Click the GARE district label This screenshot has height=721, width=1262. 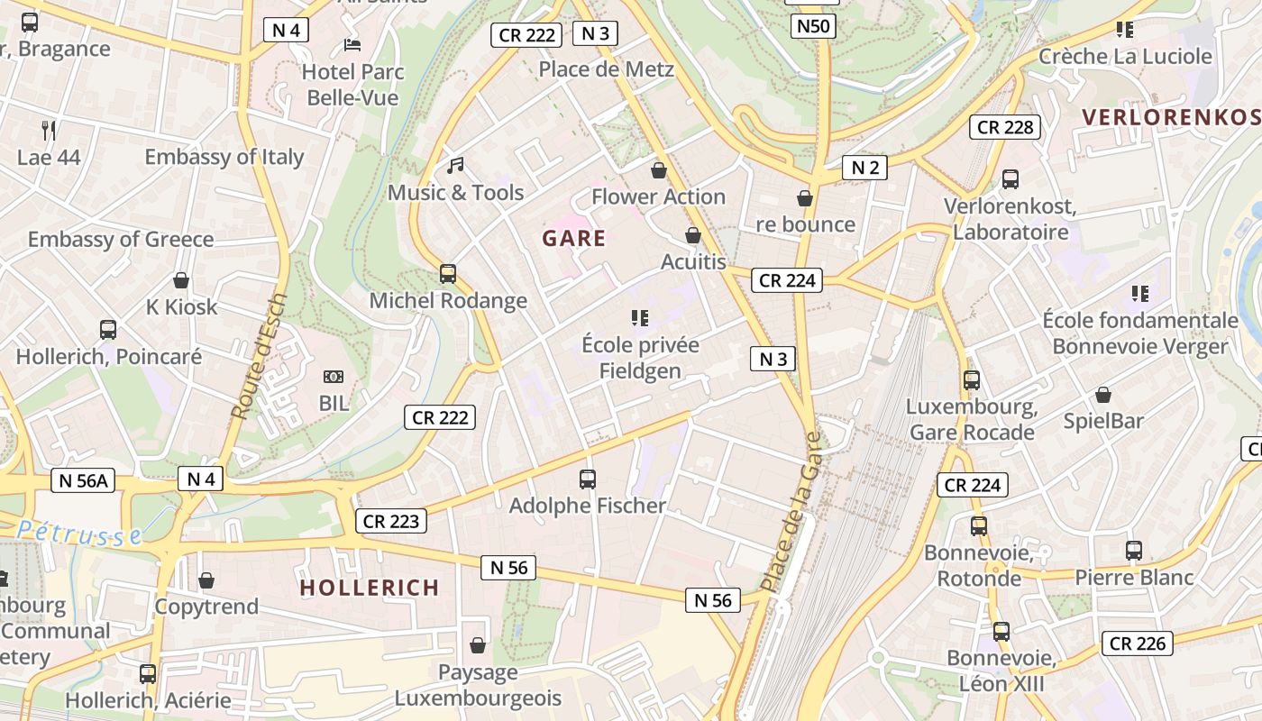(x=574, y=239)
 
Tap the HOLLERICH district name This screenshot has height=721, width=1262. (x=370, y=588)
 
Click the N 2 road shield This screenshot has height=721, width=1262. (x=864, y=167)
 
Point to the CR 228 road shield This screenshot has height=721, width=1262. (x=1005, y=127)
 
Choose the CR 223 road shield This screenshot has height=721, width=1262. (x=391, y=521)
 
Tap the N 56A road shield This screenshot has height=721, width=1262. (x=83, y=480)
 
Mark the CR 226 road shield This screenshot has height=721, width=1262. (x=1137, y=643)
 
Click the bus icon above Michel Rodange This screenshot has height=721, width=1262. (x=448, y=274)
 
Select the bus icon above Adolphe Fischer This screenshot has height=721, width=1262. (x=588, y=479)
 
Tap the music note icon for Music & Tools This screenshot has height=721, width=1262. (x=456, y=166)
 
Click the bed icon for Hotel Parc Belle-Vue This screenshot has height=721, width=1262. (x=352, y=45)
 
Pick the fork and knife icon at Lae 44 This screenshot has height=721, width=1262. (x=49, y=131)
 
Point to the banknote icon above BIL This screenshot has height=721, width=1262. (x=334, y=377)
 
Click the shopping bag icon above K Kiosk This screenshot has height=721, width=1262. (x=181, y=280)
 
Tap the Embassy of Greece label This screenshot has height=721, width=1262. (x=121, y=240)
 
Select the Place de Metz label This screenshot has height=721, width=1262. (x=606, y=69)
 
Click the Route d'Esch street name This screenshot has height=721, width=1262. (x=259, y=356)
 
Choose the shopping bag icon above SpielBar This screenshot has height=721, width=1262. (x=1102, y=395)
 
